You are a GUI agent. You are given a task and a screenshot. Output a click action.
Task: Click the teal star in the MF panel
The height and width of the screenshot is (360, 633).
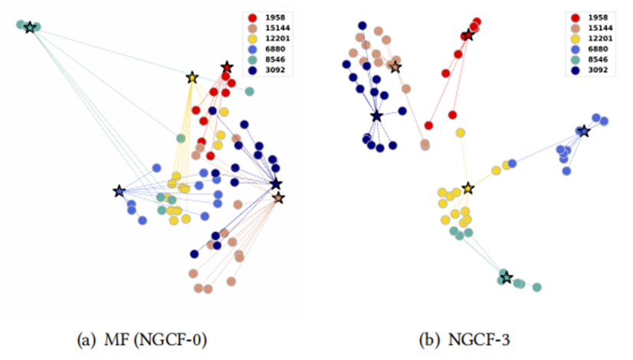tap(30, 28)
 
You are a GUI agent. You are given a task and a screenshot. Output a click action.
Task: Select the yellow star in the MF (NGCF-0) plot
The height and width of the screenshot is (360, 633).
tap(192, 77)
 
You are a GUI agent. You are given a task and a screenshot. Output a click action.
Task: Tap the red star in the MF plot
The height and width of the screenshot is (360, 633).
tap(226, 67)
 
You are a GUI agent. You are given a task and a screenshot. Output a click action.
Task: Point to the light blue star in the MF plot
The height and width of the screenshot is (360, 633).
tap(119, 191)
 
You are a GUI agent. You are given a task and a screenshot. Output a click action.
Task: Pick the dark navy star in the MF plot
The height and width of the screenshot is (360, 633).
tap(276, 185)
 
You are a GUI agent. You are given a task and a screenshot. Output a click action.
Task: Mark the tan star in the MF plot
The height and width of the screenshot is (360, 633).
tap(278, 198)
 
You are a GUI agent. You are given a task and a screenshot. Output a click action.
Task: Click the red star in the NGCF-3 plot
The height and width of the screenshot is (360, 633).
tap(467, 35)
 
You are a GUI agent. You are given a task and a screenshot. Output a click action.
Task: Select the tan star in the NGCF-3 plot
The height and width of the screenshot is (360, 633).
tap(395, 67)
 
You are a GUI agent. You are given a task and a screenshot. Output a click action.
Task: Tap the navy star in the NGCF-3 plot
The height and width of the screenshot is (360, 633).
tap(376, 116)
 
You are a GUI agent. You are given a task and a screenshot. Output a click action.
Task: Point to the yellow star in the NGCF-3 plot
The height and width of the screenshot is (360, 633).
tap(467, 188)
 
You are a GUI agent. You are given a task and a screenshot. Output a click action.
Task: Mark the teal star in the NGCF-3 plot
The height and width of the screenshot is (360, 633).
tap(506, 277)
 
